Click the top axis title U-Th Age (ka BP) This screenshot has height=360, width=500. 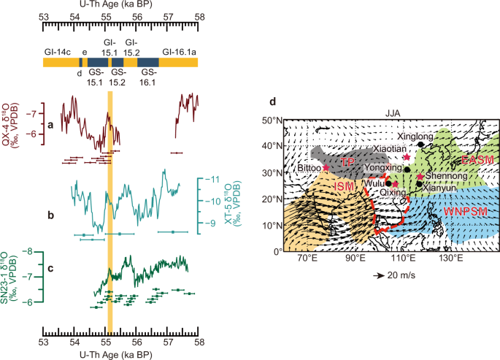pos(120,5)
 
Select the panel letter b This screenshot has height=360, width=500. pos(50,216)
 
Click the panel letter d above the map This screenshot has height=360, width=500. pos(272,102)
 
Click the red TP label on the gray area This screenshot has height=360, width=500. pos(349,161)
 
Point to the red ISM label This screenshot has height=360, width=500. pos(345,188)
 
